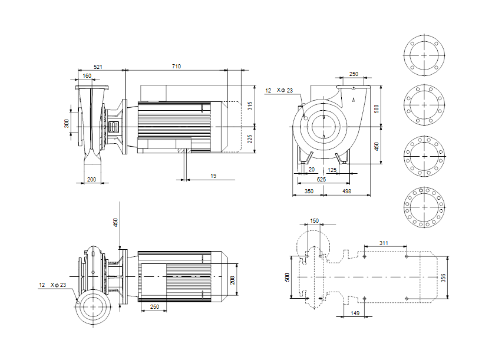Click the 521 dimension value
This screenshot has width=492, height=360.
98,67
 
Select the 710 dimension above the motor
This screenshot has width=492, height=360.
176,66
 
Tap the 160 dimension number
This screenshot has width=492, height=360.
87,75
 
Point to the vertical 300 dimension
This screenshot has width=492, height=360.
67,124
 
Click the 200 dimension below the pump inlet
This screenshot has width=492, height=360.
91,180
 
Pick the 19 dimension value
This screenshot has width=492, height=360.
213,176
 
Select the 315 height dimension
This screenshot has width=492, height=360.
250,106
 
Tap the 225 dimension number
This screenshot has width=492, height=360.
250,139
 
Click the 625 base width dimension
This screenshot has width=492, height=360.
321,180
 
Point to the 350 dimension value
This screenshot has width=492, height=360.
309,191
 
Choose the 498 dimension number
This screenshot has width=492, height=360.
346,191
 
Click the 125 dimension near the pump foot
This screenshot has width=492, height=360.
332,170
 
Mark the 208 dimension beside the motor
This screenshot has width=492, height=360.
233,280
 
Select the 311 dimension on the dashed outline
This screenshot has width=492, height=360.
384,243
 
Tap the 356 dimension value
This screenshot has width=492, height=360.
443,278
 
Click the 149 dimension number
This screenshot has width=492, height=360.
355,313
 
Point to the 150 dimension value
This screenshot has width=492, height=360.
315,220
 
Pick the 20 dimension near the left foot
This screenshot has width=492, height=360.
312,170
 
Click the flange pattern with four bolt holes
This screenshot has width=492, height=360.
424,55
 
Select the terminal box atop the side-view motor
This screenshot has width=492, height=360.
153,93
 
